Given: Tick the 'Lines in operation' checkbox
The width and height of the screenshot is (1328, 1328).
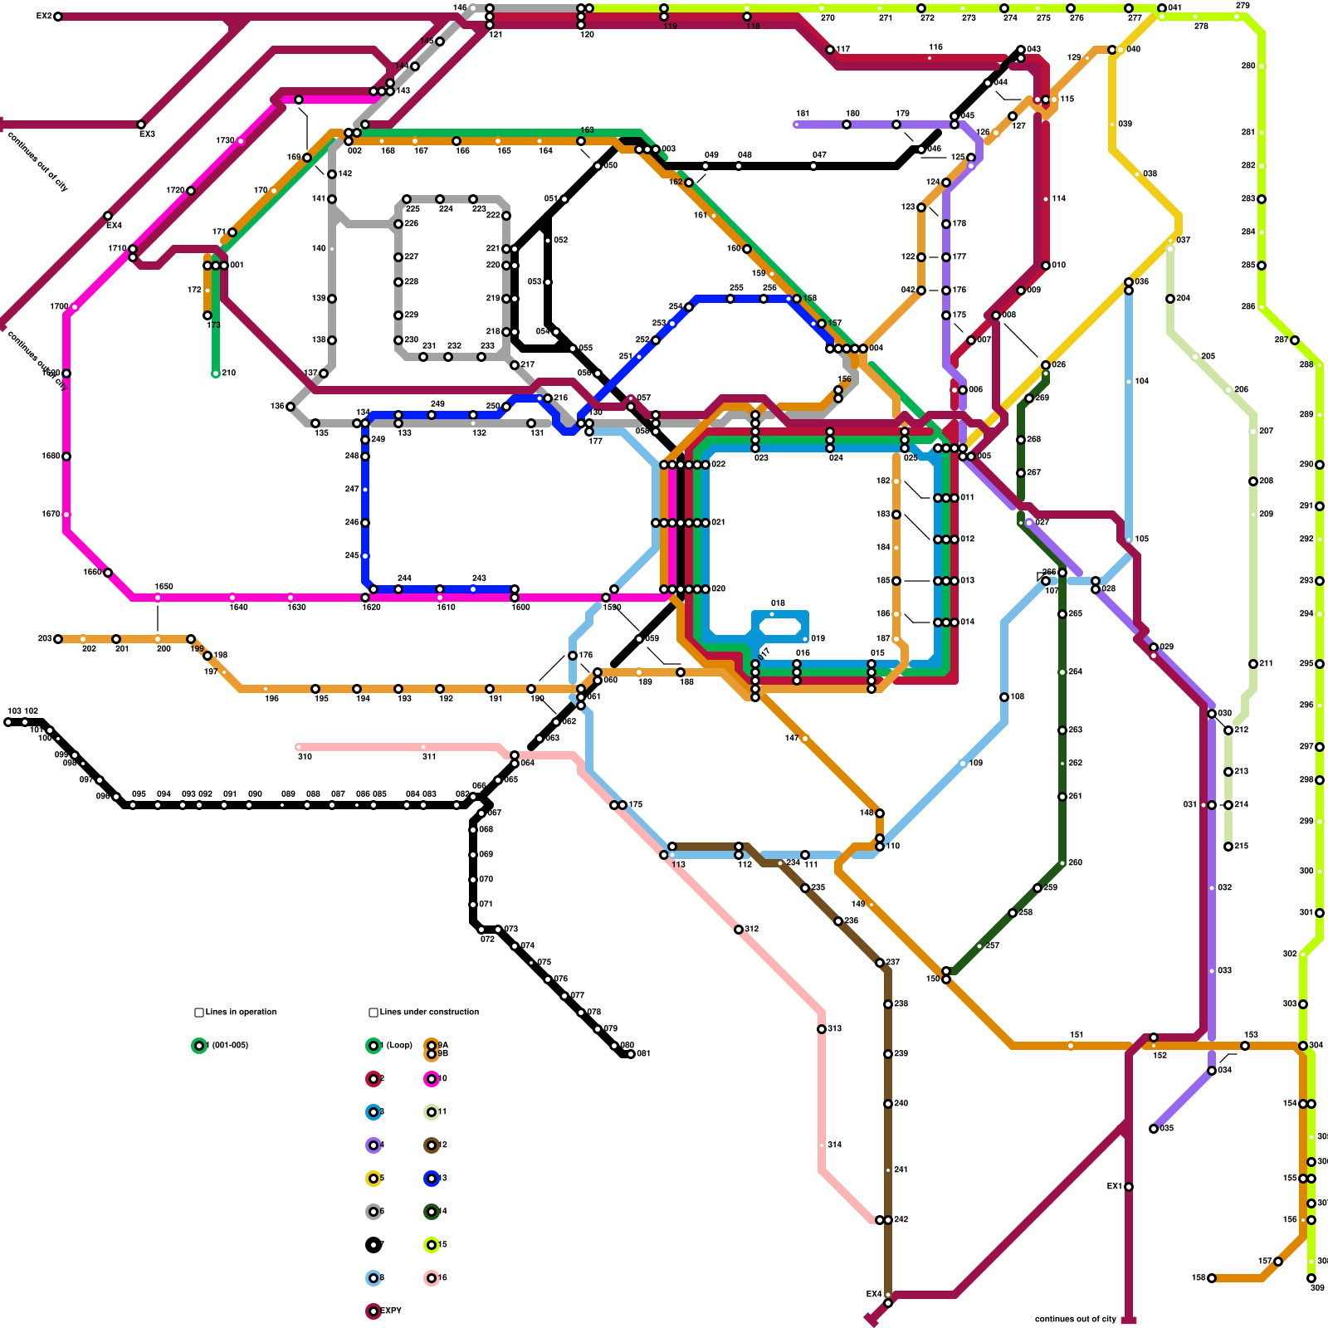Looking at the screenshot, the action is pos(199,1013).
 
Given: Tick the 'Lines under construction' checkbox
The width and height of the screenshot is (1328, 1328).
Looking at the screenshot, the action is pos(373,1013).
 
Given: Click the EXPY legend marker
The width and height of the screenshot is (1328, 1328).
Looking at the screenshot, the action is pos(373,1311).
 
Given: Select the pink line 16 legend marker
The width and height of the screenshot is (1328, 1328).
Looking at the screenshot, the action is pos(432,1278).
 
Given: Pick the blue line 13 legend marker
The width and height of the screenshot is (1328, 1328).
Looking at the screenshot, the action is pos(432,1179).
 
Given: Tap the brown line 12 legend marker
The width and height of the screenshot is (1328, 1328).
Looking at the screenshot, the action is pos(432,1145).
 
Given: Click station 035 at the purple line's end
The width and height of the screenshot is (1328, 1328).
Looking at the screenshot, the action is pos(1154,1129).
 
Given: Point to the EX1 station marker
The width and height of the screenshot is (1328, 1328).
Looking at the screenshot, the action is pos(1129,1187).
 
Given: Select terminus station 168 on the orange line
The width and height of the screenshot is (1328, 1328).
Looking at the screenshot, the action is pos(1212,1278).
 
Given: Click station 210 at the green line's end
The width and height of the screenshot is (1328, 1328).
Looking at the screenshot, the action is pos(216,373).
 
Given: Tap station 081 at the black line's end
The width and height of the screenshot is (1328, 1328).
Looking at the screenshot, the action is pos(631,1054).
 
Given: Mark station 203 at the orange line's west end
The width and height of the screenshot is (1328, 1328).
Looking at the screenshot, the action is pos(58,639).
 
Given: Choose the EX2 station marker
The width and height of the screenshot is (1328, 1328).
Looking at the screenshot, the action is pos(58,17).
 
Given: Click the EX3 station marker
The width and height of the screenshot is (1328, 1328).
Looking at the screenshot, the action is pos(141,124).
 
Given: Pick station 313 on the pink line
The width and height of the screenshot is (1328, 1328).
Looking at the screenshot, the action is pos(822,1029).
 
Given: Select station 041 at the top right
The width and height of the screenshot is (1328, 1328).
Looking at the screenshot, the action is pos(1162,8).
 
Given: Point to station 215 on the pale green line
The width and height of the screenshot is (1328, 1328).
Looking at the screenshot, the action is pos(1228,847).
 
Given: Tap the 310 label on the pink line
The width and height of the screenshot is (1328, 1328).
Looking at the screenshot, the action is pos(305,756).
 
